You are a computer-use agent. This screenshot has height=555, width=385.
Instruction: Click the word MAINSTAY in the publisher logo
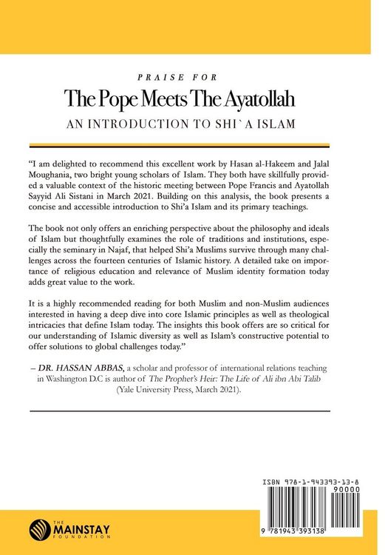click(x=77, y=529)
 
